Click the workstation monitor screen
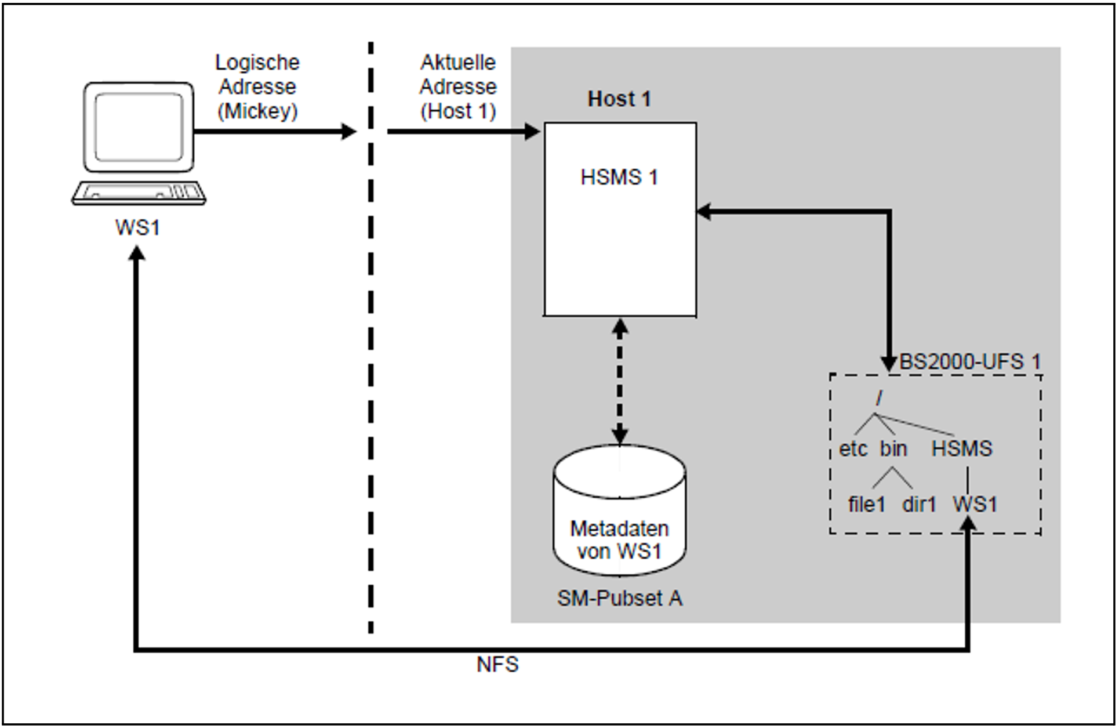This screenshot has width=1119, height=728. click(139, 127)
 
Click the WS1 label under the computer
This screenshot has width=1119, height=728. click(137, 227)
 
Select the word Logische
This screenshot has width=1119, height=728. click(257, 63)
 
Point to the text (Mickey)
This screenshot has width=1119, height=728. click(257, 111)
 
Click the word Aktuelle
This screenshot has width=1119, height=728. click(458, 62)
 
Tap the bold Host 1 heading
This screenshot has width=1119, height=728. click(619, 99)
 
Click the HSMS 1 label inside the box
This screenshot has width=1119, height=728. click(619, 177)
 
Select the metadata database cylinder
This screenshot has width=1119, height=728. click(620, 510)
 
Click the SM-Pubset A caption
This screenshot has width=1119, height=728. click(620, 598)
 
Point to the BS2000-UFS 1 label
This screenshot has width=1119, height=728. click(970, 362)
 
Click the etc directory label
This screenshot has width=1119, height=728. click(853, 448)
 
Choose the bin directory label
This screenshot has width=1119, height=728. click(893, 448)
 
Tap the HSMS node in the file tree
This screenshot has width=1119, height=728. click(962, 448)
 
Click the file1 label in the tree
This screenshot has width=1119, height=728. click(867, 504)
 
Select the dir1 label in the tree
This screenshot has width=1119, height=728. click(919, 504)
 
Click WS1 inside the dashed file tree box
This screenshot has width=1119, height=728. click(975, 504)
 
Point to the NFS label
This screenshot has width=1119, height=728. click(497, 664)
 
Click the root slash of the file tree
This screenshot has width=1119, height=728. click(880, 399)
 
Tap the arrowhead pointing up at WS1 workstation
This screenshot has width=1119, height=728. click(137, 253)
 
